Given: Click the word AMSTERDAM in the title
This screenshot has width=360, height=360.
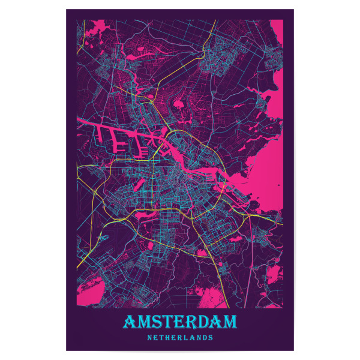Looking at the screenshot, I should [180, 323].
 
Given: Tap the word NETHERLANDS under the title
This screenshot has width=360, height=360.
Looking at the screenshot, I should [180, 338].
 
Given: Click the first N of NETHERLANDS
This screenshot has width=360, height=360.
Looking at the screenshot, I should [149, 338].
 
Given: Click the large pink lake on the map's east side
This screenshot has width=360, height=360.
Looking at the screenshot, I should [264, 186].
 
